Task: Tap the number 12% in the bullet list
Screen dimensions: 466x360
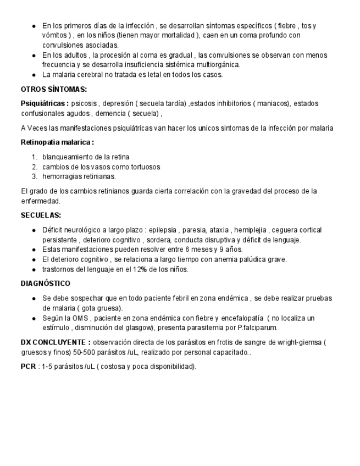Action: pyautogui.click(x=136, y=269)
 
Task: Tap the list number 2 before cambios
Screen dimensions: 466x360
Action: pyautogui.click(x=34, y=167)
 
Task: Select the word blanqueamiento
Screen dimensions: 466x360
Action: pyautogui.click(x=68, y=157)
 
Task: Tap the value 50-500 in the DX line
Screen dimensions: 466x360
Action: pyautogui.click(x=78, y=352)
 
